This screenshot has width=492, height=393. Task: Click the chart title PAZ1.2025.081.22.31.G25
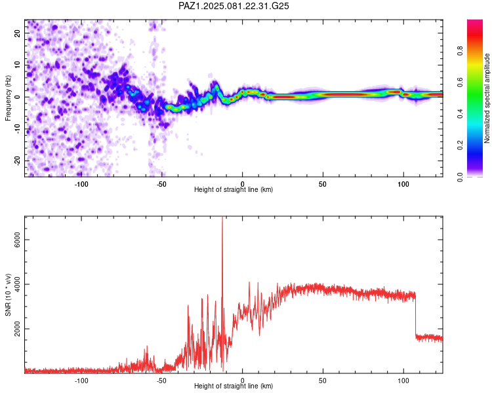(234, 6)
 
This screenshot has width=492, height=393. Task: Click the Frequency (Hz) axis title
(8, 98)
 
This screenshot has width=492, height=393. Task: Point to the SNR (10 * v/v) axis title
(8, 295)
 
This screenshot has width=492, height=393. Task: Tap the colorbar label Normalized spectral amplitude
(487, 98)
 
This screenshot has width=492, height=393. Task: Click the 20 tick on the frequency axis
(17, 33)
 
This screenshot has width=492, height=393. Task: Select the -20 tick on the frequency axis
(17, 160)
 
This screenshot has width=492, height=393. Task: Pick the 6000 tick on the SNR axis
(17, 240)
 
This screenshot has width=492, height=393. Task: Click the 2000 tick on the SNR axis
(17, 329)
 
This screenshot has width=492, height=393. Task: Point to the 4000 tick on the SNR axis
(17, 284)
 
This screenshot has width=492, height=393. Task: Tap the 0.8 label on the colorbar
(460, 51)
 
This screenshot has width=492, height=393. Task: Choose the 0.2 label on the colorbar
(460, 145)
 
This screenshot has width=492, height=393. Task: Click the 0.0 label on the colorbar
(460, 177)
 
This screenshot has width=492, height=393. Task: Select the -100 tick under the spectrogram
(81, 184)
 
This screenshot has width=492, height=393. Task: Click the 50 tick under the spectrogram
(323, 184)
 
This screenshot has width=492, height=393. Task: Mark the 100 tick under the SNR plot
(403, 381)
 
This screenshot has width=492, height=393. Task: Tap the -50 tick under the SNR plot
(161, 381)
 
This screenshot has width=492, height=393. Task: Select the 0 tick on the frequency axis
(17, 97)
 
